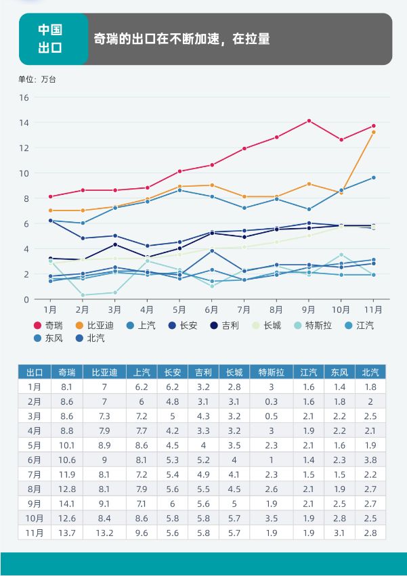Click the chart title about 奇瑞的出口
click(181, 39)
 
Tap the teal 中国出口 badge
click(50, 39)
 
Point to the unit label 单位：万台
click(37, 79)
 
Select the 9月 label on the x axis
click(309, 309)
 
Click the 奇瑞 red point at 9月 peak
click(309, 121)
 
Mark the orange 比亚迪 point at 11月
click(373, 132)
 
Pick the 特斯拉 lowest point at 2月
click(83, 295)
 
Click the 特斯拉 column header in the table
click(271, 372)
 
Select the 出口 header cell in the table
click(35, 372)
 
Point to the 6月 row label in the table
click(35, 460)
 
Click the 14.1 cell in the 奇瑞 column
click(66, 504)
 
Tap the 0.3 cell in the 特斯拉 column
click(271, 401)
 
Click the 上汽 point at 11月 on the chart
click(373, 178)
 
